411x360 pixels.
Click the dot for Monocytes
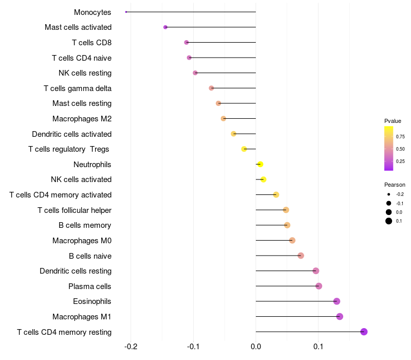coord(126,12)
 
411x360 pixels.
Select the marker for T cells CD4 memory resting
coord(364,332)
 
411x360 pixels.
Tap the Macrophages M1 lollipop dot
coord(340,316)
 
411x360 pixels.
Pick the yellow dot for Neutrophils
coord(260,164)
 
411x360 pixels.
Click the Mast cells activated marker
coord(165,27)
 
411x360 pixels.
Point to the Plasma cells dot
coord(319,286)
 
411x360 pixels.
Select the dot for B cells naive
coord(301,256)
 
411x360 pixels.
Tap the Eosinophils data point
coord(337,301)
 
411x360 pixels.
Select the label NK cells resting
coord(85,73)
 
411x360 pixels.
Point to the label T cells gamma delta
coord(78,88)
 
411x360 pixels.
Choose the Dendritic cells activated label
coord(71,134)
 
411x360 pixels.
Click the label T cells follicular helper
coord(74,210)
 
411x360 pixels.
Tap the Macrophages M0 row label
coord(82,241)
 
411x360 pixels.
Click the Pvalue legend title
coord(393,121)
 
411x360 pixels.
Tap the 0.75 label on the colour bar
coord(400,136)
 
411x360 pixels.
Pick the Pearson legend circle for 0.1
coord(389,221)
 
